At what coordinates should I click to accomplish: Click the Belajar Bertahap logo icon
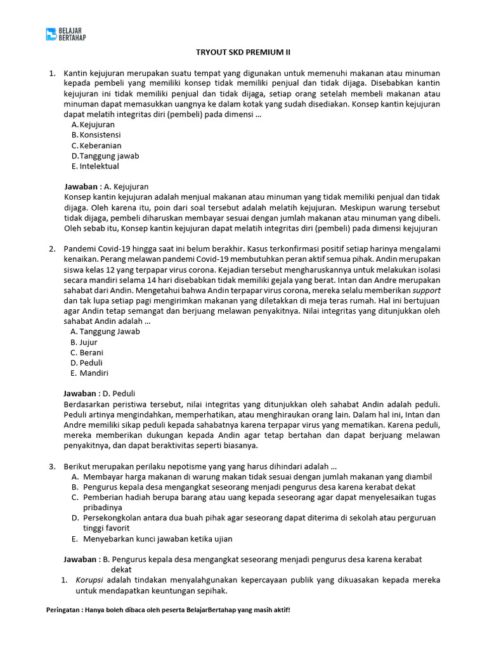51,34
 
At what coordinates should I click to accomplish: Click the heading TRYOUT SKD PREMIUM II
243,52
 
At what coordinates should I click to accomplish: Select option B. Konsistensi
96,135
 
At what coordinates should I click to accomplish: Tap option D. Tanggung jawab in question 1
105,156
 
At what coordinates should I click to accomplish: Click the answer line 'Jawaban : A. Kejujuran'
107,186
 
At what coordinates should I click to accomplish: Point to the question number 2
53,248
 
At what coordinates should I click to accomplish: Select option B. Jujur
84,342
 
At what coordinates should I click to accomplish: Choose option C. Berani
87,352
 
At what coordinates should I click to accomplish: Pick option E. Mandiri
89,373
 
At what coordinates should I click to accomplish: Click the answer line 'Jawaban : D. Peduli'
100,393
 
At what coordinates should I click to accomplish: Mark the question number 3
53,466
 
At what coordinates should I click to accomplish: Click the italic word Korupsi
90,580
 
